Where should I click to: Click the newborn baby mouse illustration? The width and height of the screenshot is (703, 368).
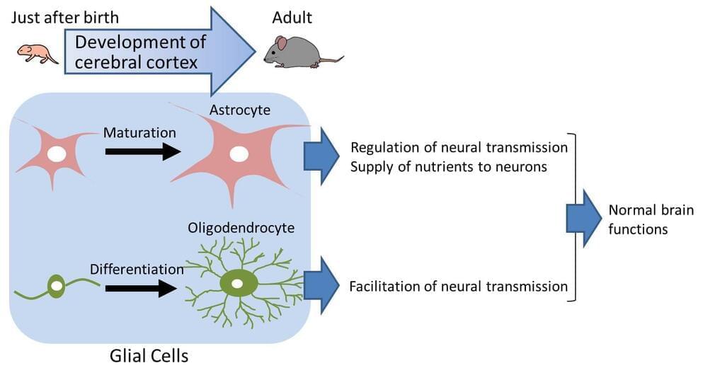pos(38,54)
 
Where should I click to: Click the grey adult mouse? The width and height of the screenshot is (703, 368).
pos(297,53)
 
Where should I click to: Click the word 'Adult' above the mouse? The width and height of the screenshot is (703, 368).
pos(292,16)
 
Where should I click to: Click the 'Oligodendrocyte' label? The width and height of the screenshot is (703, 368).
pos(241,229)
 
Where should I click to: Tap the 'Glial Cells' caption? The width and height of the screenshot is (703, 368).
pos(149,355)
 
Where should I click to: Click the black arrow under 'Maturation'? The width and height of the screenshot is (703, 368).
pos(142,151)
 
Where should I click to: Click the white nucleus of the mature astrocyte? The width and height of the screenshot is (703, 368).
pos(239,154)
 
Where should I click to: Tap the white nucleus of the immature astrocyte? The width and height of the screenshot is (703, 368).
pos(57,154)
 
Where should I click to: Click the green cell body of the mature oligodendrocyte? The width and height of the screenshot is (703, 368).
pos(239,284)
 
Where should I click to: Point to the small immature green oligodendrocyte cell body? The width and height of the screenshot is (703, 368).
pos(57,287)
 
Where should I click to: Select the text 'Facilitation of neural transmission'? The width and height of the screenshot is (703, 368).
pos(459,287)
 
